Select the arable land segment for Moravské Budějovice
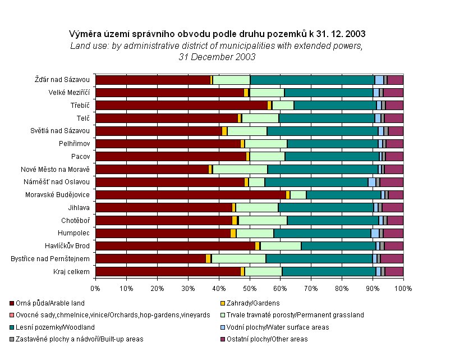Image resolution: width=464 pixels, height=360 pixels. (x=190, y=195)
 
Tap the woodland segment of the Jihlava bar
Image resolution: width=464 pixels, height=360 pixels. (x=325, y=208)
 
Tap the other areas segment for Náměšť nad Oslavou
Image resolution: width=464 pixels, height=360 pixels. (x=392, y=182)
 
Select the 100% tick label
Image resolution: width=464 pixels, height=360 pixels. (x=403, y=288)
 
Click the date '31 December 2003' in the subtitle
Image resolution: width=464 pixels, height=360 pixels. (x=217, y=57)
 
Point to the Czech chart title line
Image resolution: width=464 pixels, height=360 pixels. (x=217, y=33)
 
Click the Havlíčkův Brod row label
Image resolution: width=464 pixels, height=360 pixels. (x=67, y=246)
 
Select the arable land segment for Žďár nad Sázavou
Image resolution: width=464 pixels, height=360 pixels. (x=153, y=80)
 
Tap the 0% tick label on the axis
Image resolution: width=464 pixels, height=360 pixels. (x=95, y=288)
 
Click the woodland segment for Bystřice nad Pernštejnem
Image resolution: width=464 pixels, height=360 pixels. (x=319, y=258)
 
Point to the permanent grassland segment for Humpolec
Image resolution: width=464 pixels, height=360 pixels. (x=255, y=233)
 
